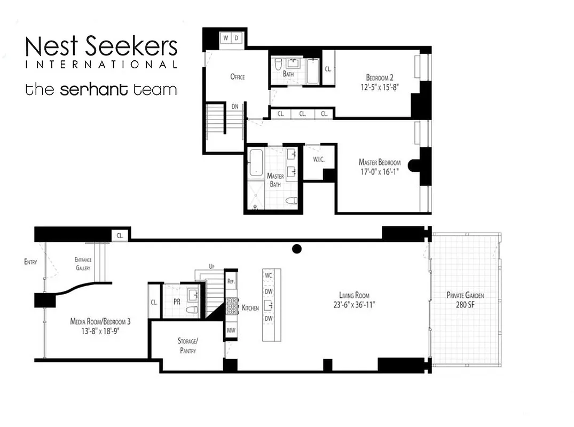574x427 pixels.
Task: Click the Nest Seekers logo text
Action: pos(101,47)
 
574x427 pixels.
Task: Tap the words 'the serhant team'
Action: pos(101,89)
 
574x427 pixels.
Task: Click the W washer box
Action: pos(226,38)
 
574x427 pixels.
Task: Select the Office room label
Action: pos(238,77)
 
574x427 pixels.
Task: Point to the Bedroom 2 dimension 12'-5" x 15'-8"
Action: pos(379,85)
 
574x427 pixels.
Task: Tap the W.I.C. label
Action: pos(312,160)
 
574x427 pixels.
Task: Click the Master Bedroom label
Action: pos(380,162)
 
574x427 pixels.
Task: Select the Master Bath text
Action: pos(275,180)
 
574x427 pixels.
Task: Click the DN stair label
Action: pos(235,106)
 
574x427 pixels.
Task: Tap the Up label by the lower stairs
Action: pos(211,266)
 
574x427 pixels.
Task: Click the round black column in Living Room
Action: pos(297,248)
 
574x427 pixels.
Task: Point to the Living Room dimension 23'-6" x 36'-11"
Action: pos(354,305)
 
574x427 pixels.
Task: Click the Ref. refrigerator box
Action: pos(232,281)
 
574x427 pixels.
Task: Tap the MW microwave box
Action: pos(232,330)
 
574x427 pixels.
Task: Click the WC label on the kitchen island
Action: pos(269,275)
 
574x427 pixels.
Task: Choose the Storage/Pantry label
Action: pos(187,345)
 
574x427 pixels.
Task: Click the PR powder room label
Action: pos(177,301)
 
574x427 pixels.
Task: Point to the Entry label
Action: pos(30,262)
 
